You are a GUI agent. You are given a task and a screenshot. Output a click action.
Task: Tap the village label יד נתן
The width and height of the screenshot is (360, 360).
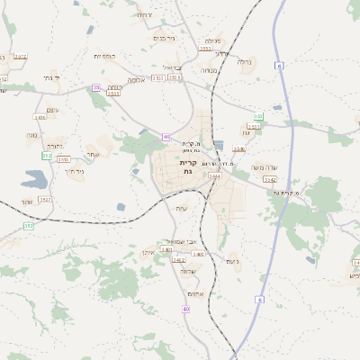click(50, 78)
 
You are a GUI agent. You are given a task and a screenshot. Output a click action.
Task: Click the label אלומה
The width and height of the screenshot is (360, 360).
click(137, 79)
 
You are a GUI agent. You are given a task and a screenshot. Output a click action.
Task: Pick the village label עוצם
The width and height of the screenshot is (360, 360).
click(52, 109)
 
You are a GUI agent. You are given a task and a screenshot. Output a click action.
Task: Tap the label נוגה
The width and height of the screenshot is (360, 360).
click(31, 135)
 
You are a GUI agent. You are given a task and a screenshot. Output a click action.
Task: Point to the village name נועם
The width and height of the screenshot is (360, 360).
click(232, 261)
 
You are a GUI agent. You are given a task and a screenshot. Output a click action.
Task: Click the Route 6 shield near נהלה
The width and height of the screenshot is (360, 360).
click(280, 66)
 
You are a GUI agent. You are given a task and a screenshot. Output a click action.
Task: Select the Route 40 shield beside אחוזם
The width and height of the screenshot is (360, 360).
click(186, 309)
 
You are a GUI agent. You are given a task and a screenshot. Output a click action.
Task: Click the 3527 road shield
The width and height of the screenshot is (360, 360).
click(45, 199)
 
